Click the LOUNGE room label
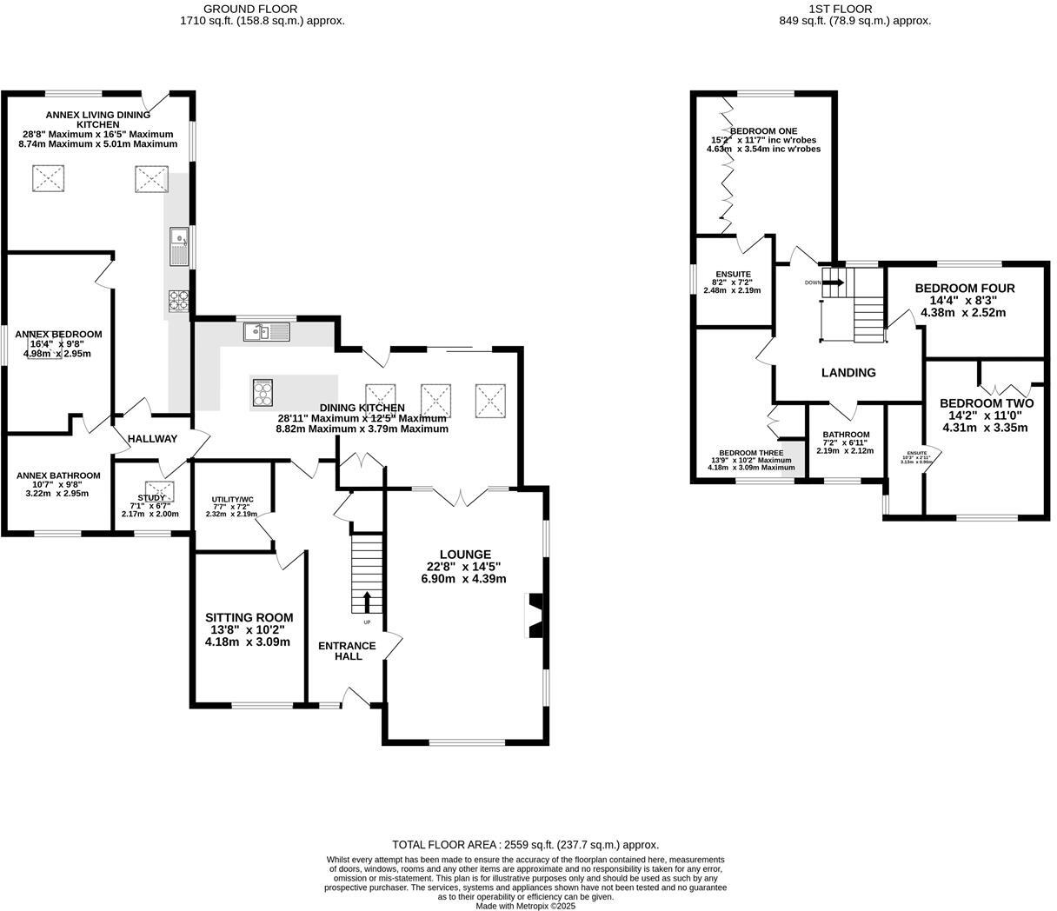pos(465,555)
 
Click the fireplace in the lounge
pos(535,615)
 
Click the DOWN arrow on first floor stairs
pos(836,281)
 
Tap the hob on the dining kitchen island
pos(263,393)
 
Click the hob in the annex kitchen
pos(179,301)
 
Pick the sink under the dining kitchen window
pos(267,331)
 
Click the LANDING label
pos(848,373)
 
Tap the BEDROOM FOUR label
pos(965,289)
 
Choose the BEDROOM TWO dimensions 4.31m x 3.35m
pos(987,428)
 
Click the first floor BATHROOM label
pos(846,435)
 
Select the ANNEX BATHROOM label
pos(58,475)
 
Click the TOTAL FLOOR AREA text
pos(525,844)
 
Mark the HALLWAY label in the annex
pos(152,439)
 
